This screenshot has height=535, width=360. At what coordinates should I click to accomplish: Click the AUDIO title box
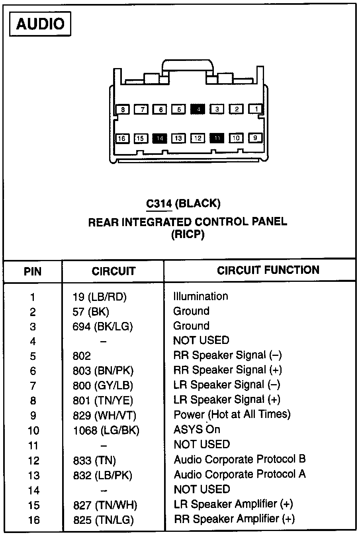click(40, 25)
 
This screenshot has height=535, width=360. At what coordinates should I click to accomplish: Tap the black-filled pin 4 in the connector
click(198, 109)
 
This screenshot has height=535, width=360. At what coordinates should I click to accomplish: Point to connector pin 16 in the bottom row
click(122, 139)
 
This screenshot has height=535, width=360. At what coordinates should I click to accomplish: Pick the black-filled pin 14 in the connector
click(160, 138)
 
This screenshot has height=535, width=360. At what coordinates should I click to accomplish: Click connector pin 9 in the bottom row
click(255, 138)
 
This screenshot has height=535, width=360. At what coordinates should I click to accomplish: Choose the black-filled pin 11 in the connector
click(217, 138)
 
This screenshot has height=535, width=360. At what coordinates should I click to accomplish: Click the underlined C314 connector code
click(159, 204)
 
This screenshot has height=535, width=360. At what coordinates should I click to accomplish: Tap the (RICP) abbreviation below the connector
click(188, 235)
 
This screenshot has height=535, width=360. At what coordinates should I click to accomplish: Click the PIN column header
click(33, 271)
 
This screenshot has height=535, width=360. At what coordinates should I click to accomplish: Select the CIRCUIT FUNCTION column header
click(268, 270)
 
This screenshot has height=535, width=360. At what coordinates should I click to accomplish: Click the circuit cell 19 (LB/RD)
click(102, 297)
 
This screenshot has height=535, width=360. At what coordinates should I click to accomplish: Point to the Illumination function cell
click(201, 296)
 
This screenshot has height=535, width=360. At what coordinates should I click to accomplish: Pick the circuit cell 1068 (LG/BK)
click(106, 430)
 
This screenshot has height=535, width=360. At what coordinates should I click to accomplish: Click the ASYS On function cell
click(197, 430)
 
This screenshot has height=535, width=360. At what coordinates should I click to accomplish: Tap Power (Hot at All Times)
click(232, 414)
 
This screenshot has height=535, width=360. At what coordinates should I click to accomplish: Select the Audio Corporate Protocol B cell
click(240, 459)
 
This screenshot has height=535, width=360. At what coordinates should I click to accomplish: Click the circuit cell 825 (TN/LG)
click(104, 519)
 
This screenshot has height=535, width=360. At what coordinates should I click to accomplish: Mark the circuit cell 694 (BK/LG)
click(103, 326)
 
